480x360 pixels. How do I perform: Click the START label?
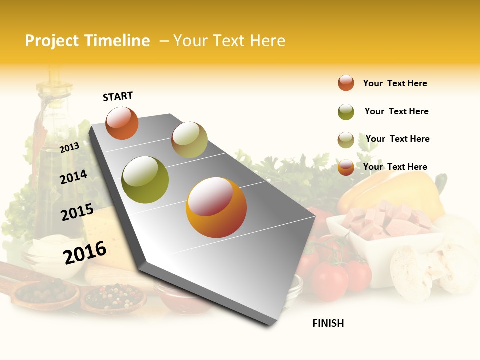[118, 96]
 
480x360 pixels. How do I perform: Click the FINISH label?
[328, 323]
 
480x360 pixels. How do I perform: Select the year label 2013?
[69, 147]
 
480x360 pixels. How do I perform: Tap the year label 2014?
[73, 177]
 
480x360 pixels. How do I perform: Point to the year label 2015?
[77, 212]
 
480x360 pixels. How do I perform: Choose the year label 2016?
[85, 252]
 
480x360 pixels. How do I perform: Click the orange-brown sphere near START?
[122, 123]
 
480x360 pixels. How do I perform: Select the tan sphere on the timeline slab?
[189, 140]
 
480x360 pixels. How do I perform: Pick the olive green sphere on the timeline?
[145, 180]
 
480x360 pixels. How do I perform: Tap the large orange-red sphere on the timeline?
[216, 207]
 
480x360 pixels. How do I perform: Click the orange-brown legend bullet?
[346, 83]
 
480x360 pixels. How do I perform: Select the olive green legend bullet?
[346, 112]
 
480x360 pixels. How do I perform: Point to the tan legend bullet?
[346, 140]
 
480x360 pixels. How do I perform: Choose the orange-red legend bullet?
[346, 167]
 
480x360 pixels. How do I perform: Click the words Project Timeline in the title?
[87, 41]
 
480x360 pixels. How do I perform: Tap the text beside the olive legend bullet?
[396, 111]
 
